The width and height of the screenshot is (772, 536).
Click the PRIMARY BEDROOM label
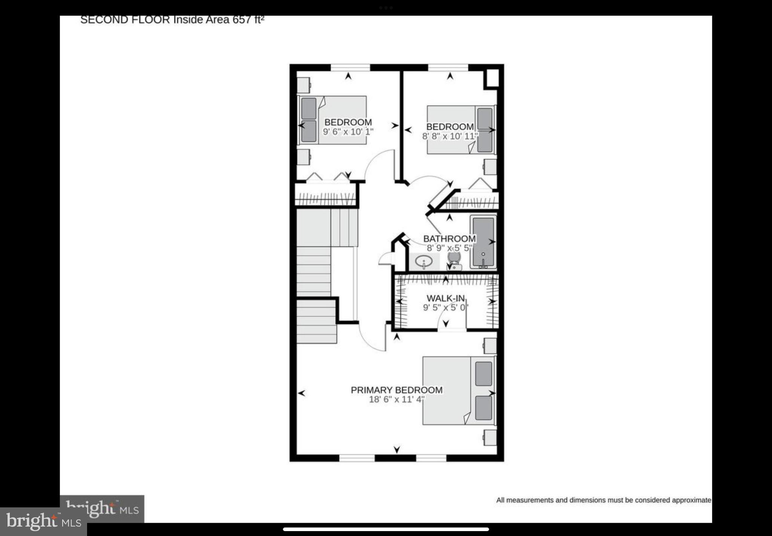(397, 390)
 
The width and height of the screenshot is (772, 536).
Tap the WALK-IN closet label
(446, 298)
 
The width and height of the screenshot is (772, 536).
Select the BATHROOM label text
(449, 238)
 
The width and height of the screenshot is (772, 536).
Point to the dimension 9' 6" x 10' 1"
(348, 132)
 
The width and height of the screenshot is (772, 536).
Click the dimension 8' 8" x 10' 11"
(450, 136)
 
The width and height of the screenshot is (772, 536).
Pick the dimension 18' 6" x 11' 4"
(397, 400)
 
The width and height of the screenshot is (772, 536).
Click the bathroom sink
(424, 261)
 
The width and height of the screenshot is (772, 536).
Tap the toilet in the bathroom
(454, 260)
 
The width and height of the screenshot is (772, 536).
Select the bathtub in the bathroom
(483, 242)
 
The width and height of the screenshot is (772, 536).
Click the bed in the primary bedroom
(458, 391)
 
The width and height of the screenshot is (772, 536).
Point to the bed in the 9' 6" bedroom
(332, 120)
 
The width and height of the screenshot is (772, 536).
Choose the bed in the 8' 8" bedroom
(461, 130)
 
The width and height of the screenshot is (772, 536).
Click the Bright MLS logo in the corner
(43, 522)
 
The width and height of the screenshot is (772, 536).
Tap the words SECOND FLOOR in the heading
(125, 20)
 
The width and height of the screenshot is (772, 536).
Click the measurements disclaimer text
(604, 500)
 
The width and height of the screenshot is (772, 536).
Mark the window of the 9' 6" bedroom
(350, 67)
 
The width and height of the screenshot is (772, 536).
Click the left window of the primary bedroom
(357, 458)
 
